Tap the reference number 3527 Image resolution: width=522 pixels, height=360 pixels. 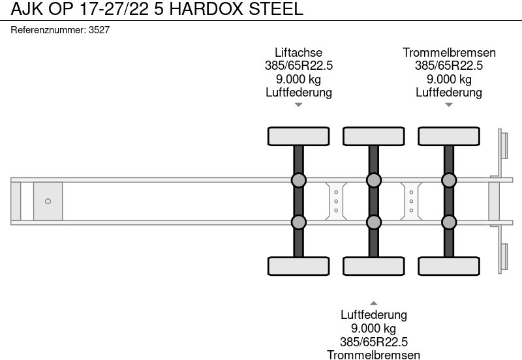tap(99, 30)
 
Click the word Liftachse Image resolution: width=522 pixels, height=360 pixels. tap(299, 53)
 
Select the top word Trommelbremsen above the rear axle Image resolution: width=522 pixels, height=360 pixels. tap(449, 53)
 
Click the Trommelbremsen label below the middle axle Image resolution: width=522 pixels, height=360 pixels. tap(373, 355)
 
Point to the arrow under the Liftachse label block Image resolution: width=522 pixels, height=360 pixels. tap(299, 105)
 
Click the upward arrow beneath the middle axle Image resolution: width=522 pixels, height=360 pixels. tap(373, 303)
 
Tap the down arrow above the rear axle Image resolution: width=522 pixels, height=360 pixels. tap(449, 105)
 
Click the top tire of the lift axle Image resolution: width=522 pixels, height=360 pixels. tap(299, 136)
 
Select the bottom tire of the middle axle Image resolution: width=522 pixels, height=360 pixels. tap(373, 266)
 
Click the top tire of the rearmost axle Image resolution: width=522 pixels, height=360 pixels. tap(449, 136)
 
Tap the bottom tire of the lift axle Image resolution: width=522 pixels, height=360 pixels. tap(299, 266)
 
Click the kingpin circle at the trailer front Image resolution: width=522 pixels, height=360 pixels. tap(48, 202)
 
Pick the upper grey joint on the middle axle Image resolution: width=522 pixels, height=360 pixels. tap(373, 181)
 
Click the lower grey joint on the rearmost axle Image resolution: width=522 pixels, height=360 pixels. tap(449, 222)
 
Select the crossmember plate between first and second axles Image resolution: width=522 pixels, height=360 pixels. tap(336, 202)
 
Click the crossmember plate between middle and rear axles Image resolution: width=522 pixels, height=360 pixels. tap(411, 202)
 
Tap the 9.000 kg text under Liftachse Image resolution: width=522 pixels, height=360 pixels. tap(299, 79)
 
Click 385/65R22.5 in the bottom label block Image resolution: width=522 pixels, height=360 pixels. tap(373, 342)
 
